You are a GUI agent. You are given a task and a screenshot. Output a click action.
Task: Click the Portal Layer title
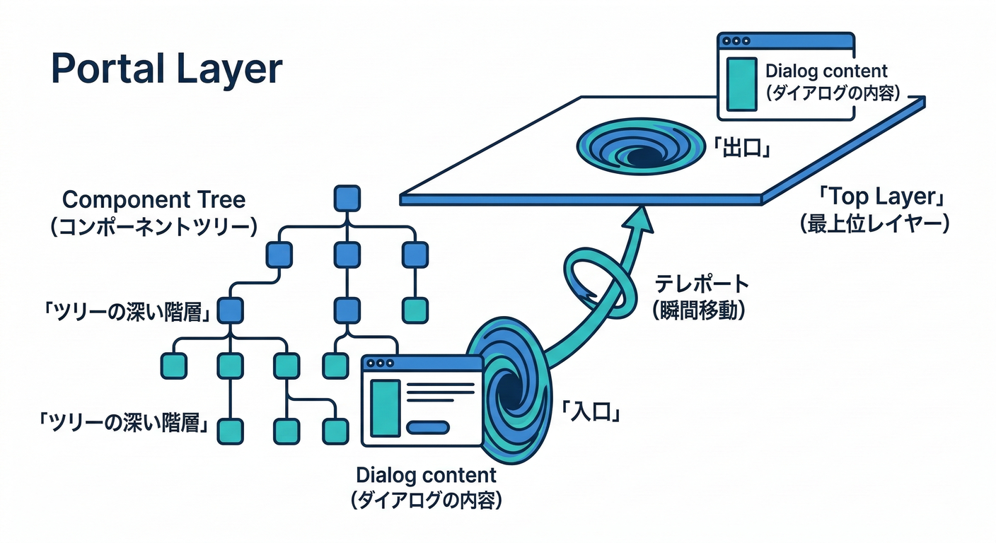167,70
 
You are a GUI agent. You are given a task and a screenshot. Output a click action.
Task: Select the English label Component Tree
154,199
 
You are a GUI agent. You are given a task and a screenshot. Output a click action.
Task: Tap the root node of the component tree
347,199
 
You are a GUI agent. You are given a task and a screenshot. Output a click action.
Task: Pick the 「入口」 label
591,410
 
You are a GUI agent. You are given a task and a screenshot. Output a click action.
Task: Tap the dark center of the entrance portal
508,387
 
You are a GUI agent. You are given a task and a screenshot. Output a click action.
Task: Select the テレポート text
701,284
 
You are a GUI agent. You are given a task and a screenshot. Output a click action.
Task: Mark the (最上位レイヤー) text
874,225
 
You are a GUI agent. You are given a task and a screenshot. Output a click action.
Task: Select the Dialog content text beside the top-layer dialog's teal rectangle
826,71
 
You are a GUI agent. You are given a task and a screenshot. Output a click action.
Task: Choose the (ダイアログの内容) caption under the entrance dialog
426,501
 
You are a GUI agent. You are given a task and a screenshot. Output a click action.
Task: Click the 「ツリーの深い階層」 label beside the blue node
126,312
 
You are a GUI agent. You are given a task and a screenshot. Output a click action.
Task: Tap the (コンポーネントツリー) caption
154,226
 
